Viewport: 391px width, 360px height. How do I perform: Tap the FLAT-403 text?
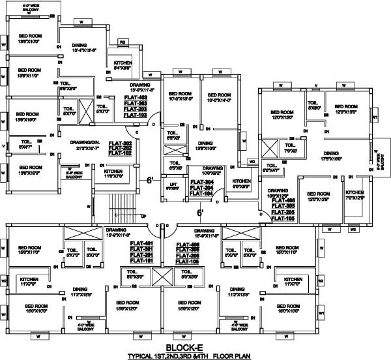(135, 97)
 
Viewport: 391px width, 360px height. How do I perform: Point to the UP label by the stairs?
(143, 216)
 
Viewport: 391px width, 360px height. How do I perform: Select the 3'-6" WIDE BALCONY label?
(77, 168)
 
